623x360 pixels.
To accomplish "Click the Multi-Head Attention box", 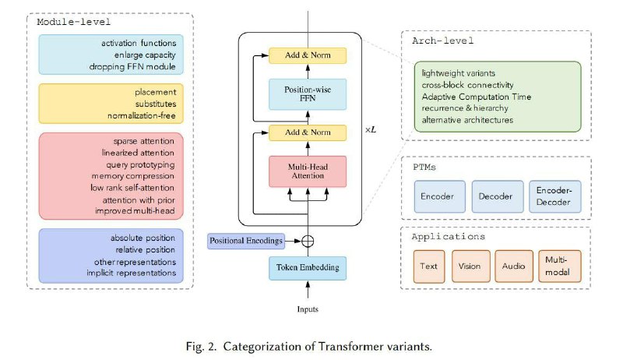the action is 308,171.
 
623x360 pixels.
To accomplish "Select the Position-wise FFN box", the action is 308,94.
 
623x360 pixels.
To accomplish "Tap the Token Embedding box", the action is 308,268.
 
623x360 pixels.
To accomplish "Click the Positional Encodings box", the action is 246,241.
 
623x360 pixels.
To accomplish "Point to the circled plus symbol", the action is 308,241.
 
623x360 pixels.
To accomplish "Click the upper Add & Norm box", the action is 308,55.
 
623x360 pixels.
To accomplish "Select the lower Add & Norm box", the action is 308,132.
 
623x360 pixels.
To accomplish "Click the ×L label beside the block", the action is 371,130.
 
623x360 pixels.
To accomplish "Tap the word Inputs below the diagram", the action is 308,309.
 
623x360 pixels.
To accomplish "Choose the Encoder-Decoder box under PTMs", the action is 554,196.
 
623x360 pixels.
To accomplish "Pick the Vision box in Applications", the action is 470,266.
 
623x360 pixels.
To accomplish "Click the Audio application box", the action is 514,266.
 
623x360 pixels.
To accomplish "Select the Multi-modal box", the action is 559,266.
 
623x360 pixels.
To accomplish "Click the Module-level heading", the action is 73,22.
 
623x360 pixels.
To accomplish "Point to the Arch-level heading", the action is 442,41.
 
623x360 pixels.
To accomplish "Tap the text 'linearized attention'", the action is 138,153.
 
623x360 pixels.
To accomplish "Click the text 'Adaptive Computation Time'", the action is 477,97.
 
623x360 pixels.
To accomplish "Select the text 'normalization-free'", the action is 142,115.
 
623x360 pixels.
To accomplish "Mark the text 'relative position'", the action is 145,249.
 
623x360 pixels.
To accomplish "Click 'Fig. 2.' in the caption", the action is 201,347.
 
